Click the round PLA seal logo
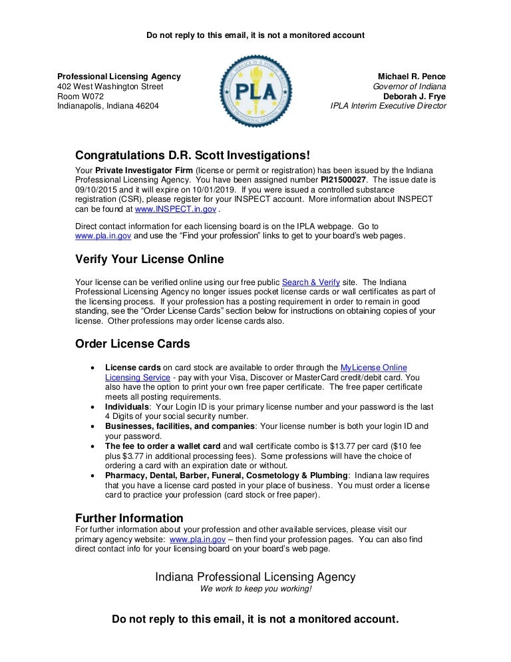[x=255, y=91]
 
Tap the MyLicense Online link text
[x=373, y=368]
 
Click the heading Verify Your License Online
[x=149, y=259]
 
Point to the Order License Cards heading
[x=132, y=344]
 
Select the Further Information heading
[x=129, y=518]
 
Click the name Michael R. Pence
[x=412, y=77]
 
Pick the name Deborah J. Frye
[x=415, y=96]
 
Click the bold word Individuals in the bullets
[x=127, y=406]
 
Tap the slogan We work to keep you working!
[x=255, y=589]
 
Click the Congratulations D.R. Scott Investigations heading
[x=192, y=155]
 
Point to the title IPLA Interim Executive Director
[x=388, y=105]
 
